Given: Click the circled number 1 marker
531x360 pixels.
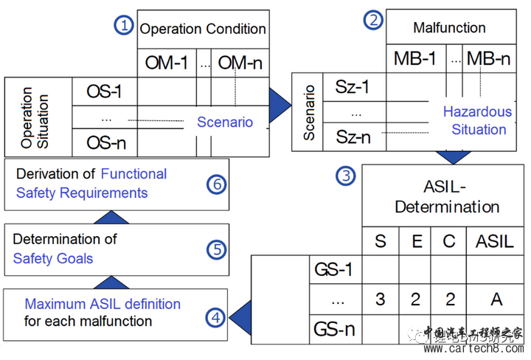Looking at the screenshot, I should [x=123, y=26].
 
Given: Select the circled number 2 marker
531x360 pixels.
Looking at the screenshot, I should [x=373, y=20].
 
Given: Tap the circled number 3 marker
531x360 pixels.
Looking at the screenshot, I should [x=345, y=176].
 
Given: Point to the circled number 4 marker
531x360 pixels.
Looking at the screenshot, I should [x=215, y=318].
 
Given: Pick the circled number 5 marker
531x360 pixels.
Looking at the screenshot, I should [x=215, y=249].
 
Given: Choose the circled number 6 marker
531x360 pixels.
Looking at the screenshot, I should [x=215, y=184].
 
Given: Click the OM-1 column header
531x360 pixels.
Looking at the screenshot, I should [x=166, y=63].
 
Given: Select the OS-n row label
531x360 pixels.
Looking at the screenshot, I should [x=103, y=142].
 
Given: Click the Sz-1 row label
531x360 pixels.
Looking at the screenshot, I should [x=351, y=87].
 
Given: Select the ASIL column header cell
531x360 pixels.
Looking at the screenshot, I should [x=495, y=241].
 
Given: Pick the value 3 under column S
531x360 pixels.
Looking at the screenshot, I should [x=381, y=298].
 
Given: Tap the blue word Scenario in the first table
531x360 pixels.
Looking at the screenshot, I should [x=224, y=122].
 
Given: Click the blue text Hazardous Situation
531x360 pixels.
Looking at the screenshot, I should [x=476, y=121].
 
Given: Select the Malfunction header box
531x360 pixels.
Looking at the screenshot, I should [x=449, y=28].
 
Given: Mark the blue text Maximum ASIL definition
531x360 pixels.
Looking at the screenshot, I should [x=103, y=304].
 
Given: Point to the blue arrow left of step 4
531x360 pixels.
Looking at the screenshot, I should [x=237, y=318].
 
